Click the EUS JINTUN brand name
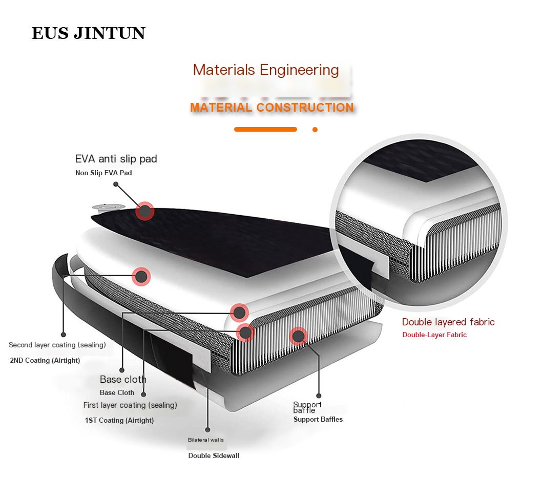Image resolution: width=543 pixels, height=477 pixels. [x=88, y=33]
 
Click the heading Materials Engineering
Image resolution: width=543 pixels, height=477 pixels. [x=266, y=70]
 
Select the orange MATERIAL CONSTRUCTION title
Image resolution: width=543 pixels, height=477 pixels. [x=271, y=108]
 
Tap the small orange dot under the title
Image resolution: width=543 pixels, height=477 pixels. [x=315, y=130]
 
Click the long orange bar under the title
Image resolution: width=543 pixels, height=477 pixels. [x=265, y=130]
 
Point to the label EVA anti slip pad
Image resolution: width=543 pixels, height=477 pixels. [x=116, y=159]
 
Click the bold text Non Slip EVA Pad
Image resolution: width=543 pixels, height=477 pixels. [x=103, y=173]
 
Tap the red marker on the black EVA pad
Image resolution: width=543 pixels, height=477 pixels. [x=145, y=211]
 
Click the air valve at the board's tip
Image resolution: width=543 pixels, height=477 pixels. [x=108, y=207]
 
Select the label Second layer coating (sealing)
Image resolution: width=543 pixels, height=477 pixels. [x=57, y=345]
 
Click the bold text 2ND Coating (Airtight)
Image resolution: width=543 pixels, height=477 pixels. [x=45, y=361]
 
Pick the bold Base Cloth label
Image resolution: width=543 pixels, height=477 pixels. [x=117, y=393]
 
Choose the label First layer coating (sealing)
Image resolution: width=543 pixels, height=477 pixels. [x=130, y=405]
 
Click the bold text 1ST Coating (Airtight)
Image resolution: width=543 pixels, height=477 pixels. [x=119, y=421]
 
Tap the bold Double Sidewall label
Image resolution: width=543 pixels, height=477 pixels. [x=214, y=456]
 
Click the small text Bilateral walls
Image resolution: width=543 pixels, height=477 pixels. [x=205, y=440]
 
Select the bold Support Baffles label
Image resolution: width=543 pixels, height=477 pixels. [x=318, y=420]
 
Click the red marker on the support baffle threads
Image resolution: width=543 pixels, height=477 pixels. [x=298, y=336]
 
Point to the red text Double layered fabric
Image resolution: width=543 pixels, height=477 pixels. [x=448, y=322]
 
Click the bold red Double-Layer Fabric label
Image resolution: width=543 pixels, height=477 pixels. [x=434, y=335]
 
